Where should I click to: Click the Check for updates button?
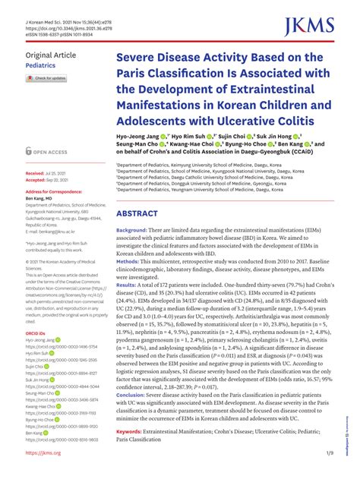point(47,78)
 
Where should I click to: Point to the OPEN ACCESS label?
point(50,152)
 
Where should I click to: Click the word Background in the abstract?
point(132,229)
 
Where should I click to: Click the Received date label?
point(35,174)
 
